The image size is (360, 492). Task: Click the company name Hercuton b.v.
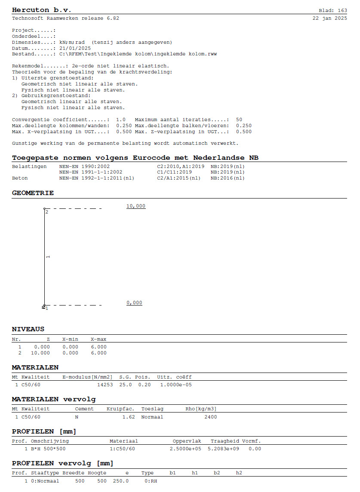41,9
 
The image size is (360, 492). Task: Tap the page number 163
342,10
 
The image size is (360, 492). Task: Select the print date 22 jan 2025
329,18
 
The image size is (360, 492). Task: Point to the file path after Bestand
138,54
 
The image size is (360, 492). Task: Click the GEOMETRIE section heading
33,193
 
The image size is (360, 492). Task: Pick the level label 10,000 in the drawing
136,206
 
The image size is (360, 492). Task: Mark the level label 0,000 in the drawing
134,303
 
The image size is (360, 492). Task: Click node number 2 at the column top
47,212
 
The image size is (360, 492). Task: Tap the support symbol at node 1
44,307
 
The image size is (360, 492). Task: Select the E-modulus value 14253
105,385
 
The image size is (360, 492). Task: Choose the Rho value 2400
210,417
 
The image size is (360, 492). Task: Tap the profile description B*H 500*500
48,449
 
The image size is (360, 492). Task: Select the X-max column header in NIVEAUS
98,339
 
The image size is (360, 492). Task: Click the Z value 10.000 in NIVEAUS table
40,353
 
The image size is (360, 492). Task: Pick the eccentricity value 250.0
121,481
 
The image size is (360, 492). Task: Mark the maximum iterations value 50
239,119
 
